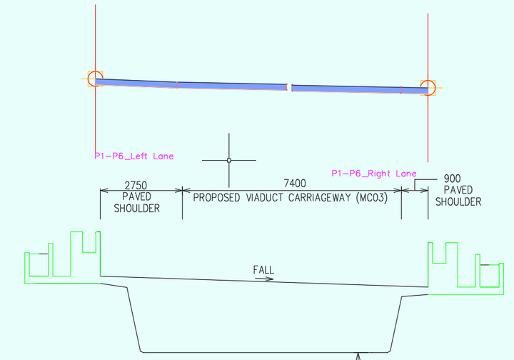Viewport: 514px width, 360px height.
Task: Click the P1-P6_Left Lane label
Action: (133, 156)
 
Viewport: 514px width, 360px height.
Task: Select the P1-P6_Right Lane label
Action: (374, 174)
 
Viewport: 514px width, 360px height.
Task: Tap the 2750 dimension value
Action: (136, 185)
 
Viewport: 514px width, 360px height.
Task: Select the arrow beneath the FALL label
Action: (264, 279)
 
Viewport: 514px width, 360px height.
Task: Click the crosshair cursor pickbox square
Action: (229, 160)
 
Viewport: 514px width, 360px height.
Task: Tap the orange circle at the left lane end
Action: (96, 79)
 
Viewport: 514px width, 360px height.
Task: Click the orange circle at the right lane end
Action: (428, 88)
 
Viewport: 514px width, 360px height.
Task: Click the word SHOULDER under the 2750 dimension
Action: (136, 208)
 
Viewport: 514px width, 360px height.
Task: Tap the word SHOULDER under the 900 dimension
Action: (458, 201)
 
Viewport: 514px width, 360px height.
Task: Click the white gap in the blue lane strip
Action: (289, 86)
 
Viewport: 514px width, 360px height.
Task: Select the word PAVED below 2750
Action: (136, 196)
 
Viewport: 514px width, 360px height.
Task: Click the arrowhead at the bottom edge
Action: (358, 355)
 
